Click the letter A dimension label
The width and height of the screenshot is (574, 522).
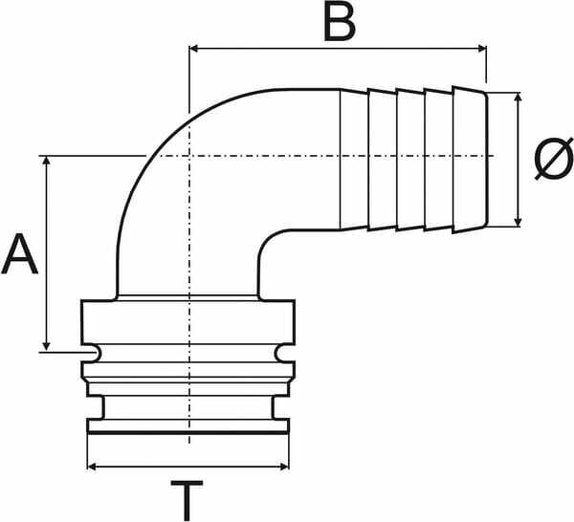tap(20, 254)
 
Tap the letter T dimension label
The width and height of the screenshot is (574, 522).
tap(187, 501)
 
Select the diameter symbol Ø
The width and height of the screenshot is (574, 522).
tap(553, 159)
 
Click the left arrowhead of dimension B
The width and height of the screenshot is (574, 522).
tap(193, 49)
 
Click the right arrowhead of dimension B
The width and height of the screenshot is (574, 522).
tap(482, 49)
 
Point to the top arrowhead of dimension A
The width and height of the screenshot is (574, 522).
tap(46, 161)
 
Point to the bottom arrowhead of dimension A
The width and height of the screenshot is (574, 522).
tap(46, 346)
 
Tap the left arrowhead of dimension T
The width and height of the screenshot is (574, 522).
tap(92, 467)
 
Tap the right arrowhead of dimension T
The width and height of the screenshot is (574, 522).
tap(285, 467)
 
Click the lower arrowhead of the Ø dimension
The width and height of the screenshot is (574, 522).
tap(518, 222)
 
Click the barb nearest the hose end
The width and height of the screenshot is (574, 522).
tap(470, 160)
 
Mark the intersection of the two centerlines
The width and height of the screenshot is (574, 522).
tap(189, 156)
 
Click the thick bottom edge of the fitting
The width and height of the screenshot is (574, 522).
tap(188, 433)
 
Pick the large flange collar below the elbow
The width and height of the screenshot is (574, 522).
tap(188, 322)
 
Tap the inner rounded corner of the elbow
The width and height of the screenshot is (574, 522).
tap(270, 242)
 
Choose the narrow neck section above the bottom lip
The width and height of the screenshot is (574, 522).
tap(188, 407)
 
